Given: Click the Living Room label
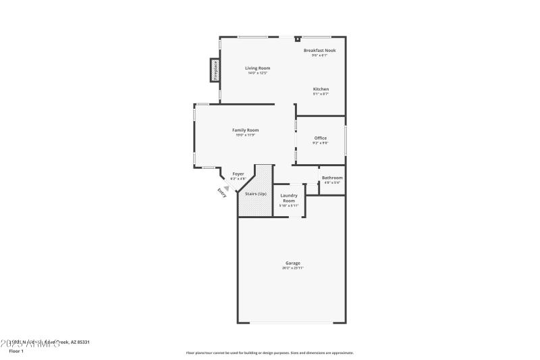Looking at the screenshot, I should click(257, 68).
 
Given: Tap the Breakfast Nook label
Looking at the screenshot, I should click(319, 51).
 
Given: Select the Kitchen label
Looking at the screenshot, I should click(321, 89).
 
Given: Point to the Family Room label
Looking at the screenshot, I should click(245, 130).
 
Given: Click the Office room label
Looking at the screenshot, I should click(321, 138).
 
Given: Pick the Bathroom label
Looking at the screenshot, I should click(332, 178).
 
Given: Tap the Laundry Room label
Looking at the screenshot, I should click(289, 198).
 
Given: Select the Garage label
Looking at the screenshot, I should click(293, 263).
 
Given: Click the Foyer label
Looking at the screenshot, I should click(238, 174).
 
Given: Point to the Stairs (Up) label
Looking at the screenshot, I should click(255, 194).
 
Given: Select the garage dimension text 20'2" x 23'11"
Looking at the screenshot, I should click(293, 268).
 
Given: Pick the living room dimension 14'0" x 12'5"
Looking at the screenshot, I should click(257, 73).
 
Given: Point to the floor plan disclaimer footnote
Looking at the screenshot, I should click(269, 353).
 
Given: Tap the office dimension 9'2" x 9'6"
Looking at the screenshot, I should click(321, 143).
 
